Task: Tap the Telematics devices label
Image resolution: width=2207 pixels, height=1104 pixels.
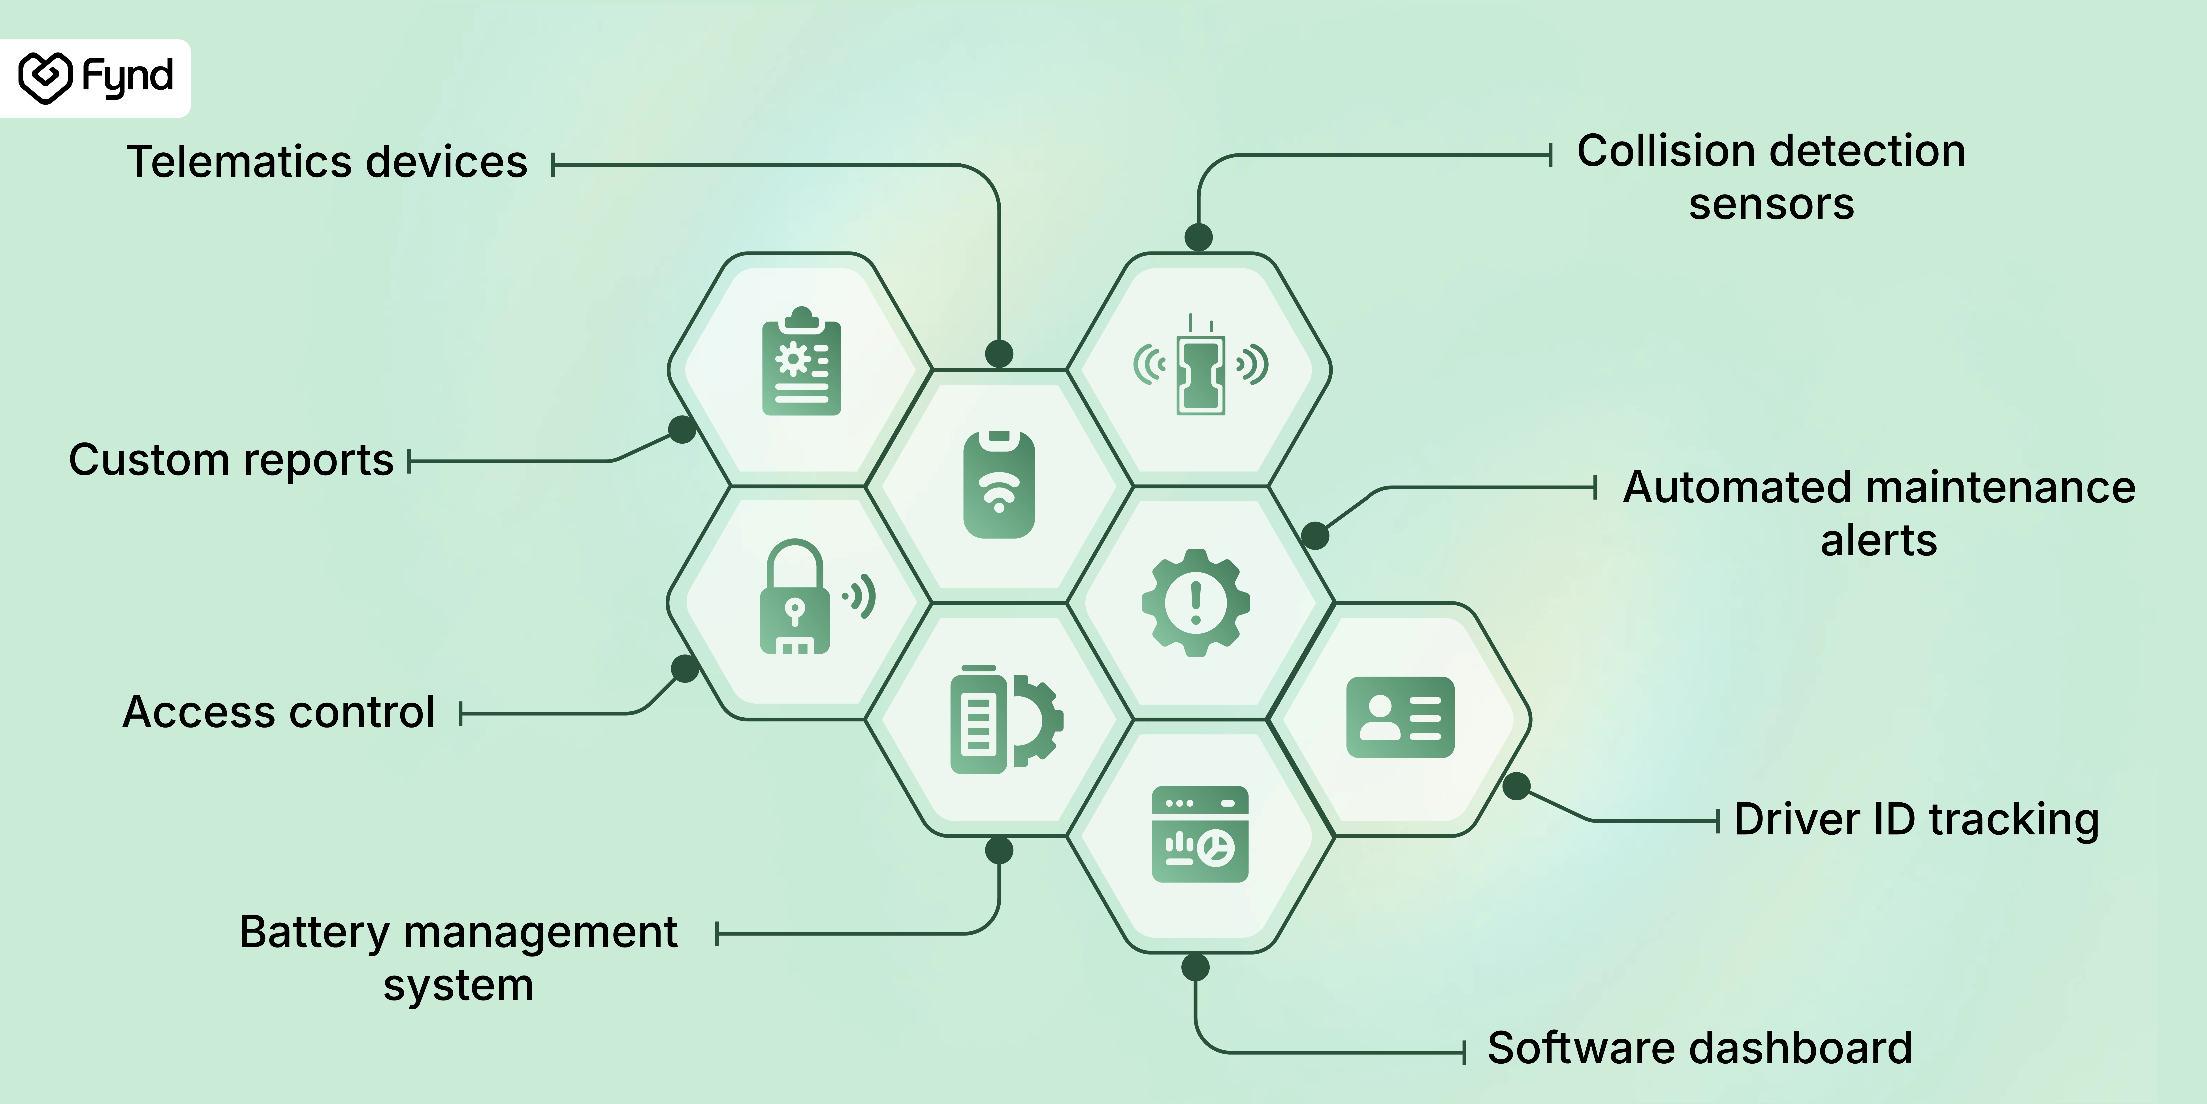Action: point(326,162)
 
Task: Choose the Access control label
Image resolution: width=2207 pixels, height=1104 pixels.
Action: point(279,712)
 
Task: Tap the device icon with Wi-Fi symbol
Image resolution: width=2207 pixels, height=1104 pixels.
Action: point(999,484)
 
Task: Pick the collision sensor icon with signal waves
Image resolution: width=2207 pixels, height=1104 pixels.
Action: point(1200,365)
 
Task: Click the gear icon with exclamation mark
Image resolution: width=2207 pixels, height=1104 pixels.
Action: point(1196,603)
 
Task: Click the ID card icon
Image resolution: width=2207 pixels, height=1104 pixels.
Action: point(1400,717)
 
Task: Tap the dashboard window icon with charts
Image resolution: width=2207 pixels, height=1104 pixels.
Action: point(1200,834)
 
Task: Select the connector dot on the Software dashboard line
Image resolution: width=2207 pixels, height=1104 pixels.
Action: point(1195,968)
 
